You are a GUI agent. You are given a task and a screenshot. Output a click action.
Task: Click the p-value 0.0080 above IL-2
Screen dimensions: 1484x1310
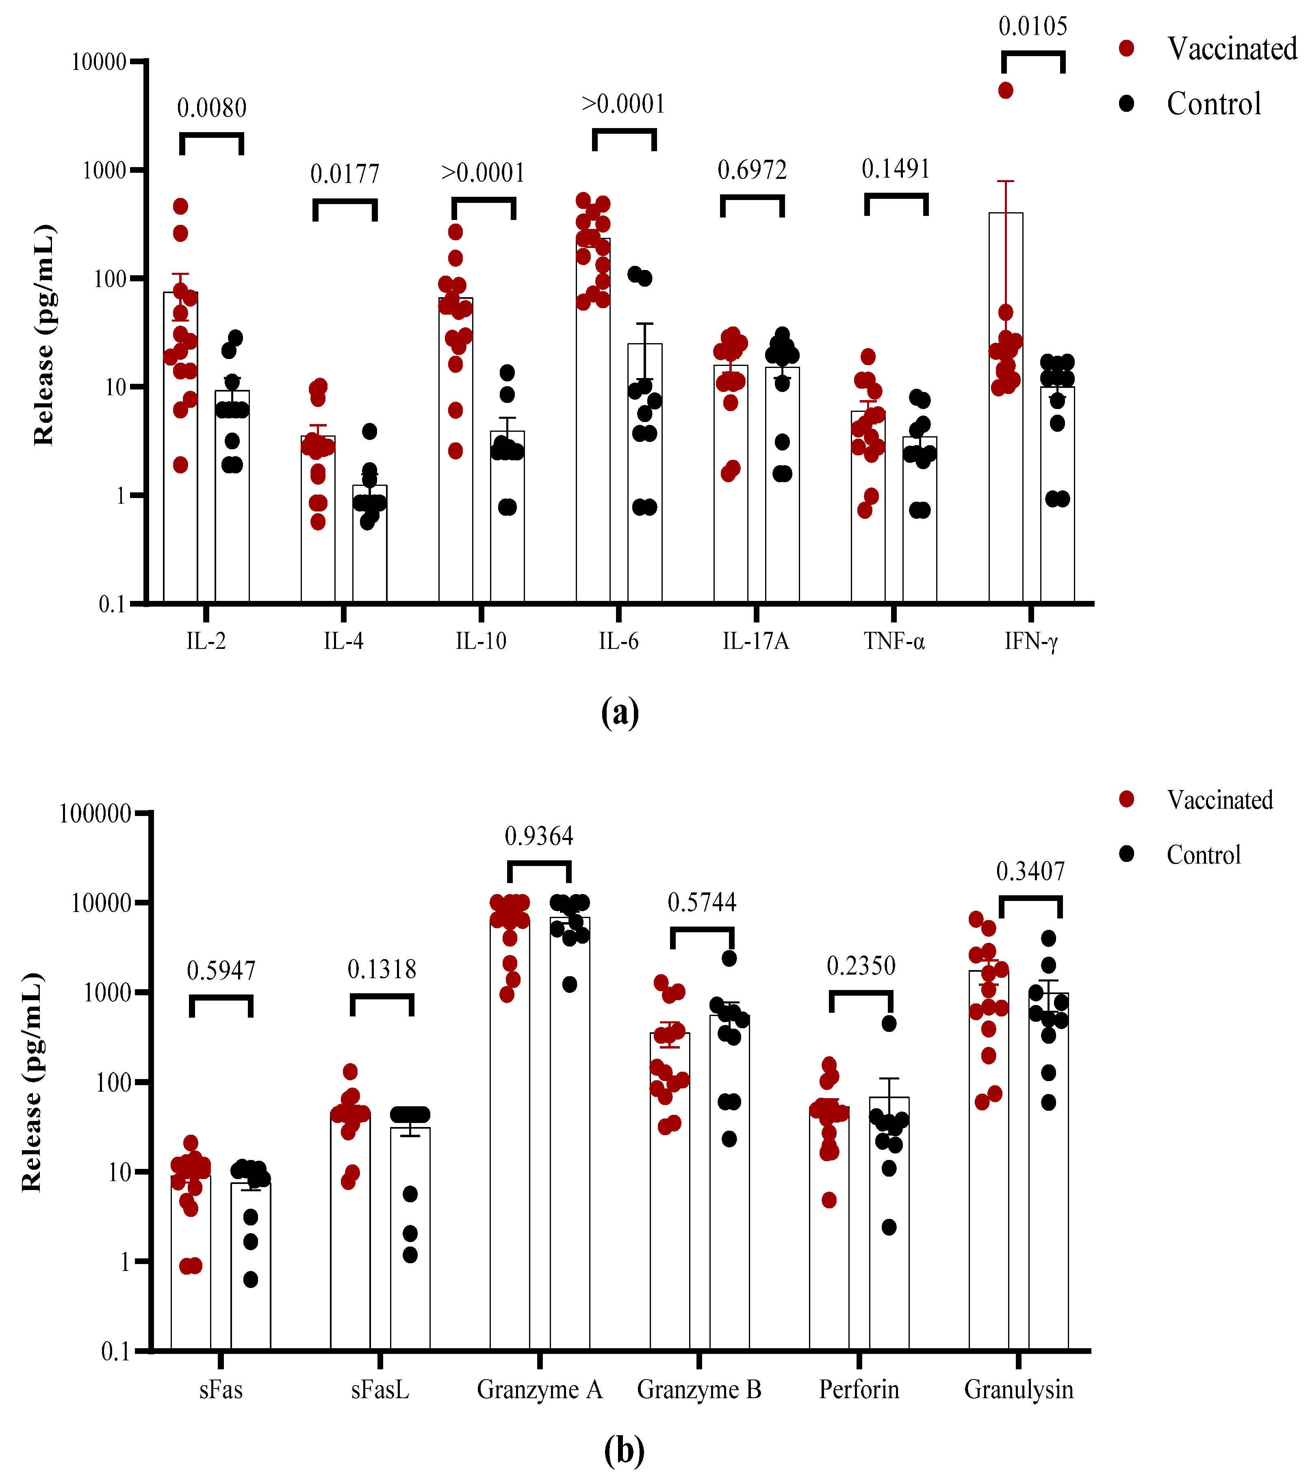[212, 108]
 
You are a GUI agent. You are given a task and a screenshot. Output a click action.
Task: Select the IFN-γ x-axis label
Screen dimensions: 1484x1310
[1031, 641]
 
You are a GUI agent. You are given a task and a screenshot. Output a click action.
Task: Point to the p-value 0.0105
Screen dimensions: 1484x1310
[1033, 27]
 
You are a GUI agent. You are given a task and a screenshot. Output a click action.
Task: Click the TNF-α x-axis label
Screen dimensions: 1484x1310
[894, 641]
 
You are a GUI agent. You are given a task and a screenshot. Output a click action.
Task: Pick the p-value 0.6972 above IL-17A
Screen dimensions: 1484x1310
[752, 170]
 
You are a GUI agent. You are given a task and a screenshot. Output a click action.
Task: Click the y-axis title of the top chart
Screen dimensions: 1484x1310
[43, 335]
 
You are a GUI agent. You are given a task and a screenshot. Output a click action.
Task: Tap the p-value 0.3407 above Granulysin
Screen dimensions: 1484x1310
[1030, 871]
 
